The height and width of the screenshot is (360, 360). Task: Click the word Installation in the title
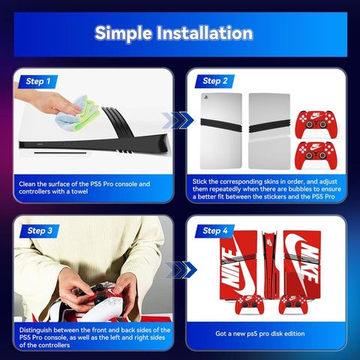pos(205,33)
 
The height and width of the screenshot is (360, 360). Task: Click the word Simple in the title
pos(123,34)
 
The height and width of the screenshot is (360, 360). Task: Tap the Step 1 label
pos(38,81)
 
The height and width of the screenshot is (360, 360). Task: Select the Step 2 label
pos(214,81)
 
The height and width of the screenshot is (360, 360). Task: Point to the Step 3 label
pos(40,231)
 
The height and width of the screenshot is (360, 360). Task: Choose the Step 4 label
pos(214,231)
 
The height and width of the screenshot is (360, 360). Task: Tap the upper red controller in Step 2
pos(316,124)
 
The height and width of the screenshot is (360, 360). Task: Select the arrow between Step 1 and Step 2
pos(178,120)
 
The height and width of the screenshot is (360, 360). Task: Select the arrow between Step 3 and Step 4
pos(181,270)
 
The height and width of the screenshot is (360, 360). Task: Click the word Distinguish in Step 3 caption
pos(35,330)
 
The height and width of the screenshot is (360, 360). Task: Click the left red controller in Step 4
pos(249,304)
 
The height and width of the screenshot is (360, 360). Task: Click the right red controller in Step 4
pos(292,304)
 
